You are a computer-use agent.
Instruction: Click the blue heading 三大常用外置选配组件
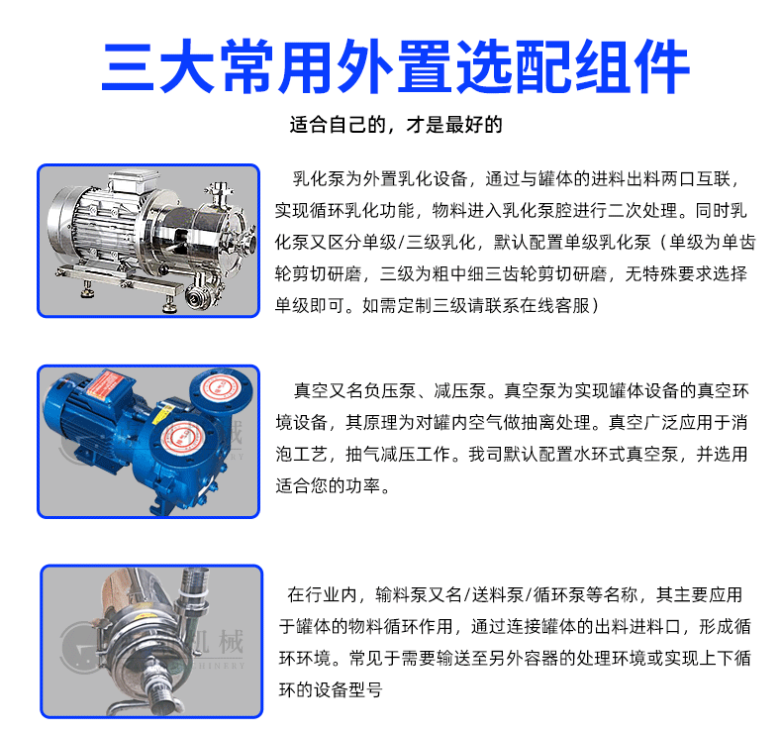[396, 67]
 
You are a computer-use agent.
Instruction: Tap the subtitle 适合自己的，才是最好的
[396, 125]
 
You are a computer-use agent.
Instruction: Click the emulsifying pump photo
[148, 241]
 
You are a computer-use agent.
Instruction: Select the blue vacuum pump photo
[148, 442]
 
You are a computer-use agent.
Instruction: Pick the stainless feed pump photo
[151, 641]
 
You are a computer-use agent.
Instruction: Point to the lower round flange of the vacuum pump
[184, 438]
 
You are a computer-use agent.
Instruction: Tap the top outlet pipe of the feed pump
[193, 586]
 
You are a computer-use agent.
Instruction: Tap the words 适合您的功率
[329, 485]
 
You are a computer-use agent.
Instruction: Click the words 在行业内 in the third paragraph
[322, 594]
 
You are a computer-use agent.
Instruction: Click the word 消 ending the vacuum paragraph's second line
[739, 423]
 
